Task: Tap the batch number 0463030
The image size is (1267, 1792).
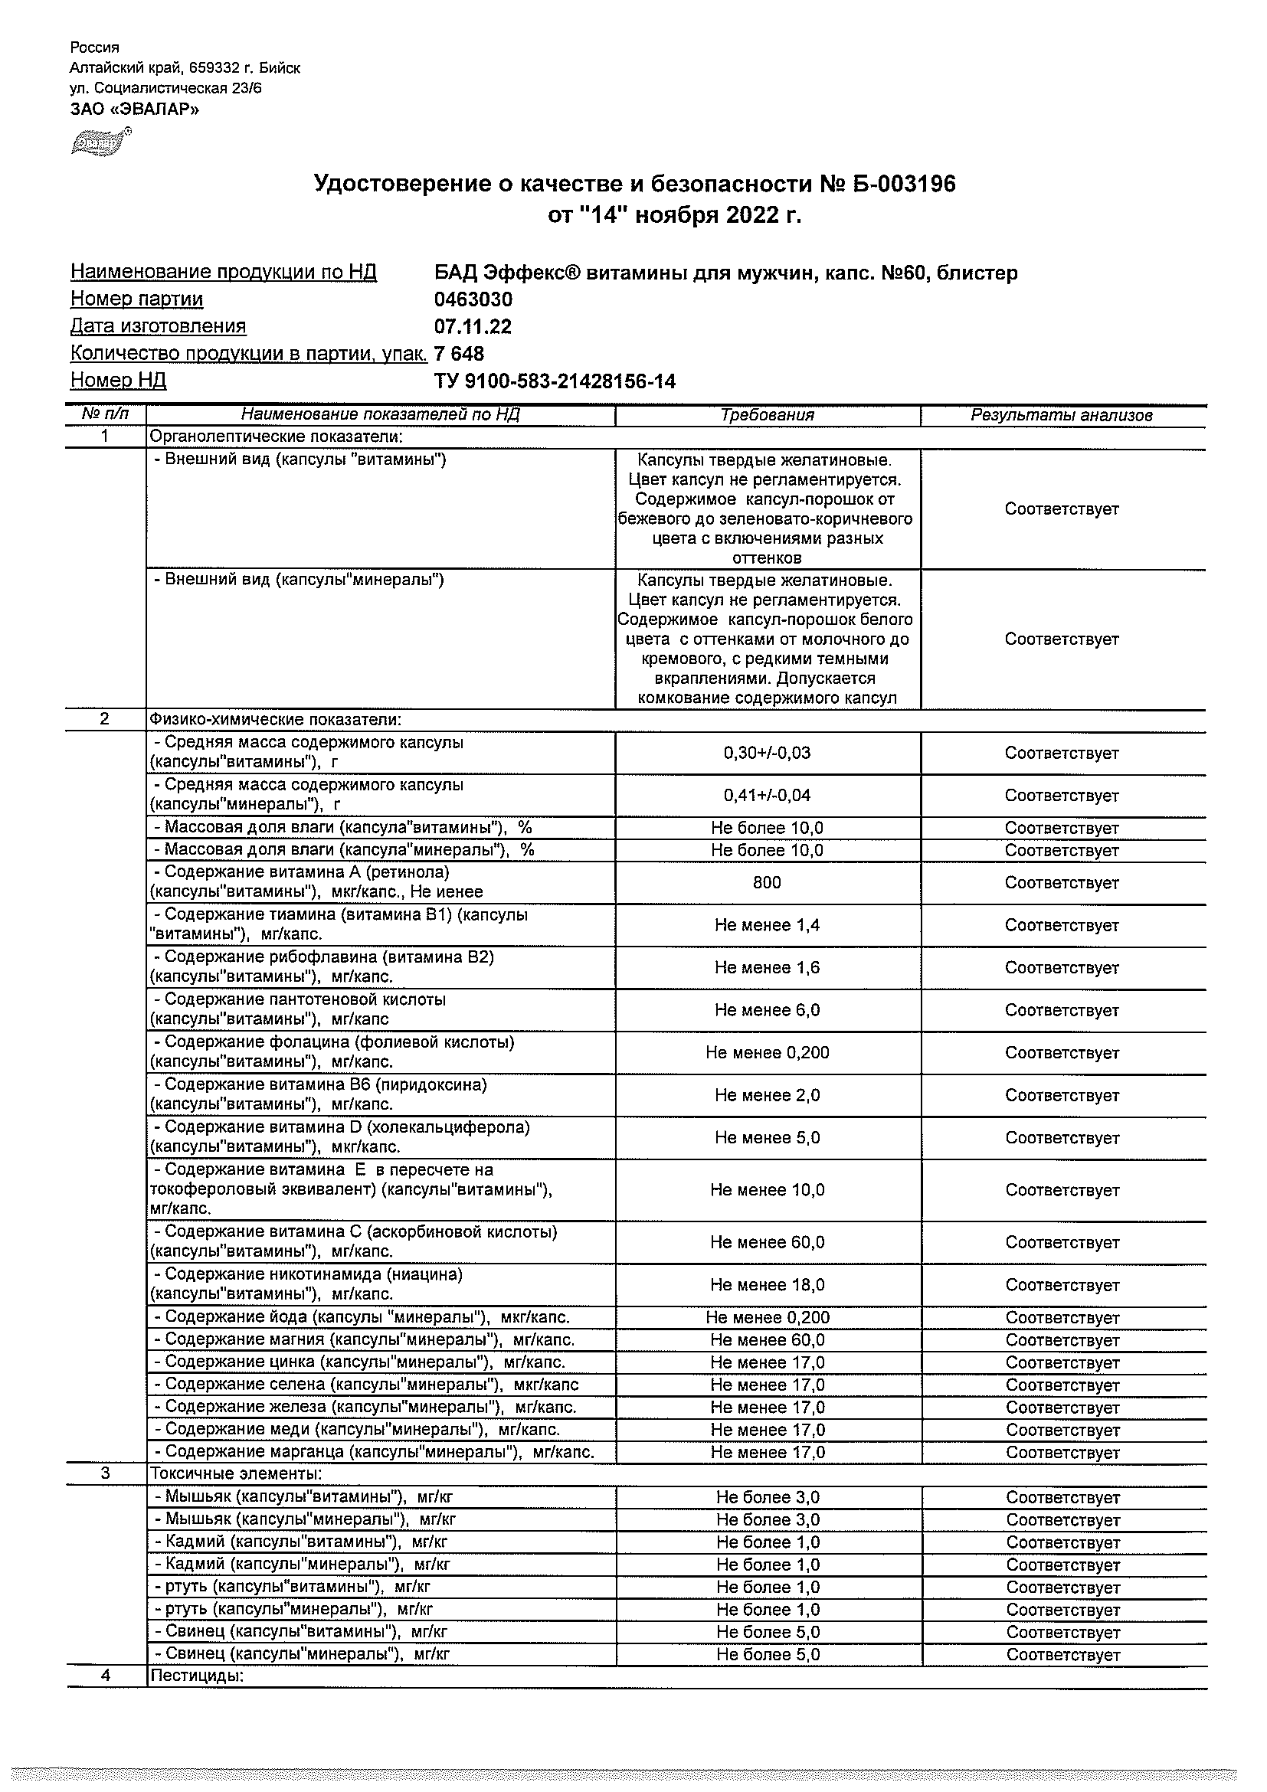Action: click(x=473, y=299)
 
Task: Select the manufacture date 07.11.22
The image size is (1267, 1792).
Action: click(x=473, y=327)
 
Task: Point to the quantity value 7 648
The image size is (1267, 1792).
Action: click(x=459, y=355)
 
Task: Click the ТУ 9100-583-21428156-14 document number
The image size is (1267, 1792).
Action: click(x=555, y=381)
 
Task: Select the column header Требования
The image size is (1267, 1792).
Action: click(x=767, y=415)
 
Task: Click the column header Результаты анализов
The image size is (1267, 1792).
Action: click(x=1061, y=415)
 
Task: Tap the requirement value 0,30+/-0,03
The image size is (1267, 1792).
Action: click(x=767, y=753)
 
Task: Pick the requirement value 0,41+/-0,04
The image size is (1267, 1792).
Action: click(x=767, y=796)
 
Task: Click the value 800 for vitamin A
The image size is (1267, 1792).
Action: click(x=767, y=882)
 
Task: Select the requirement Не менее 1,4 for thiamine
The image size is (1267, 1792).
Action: click(x=767, y=925)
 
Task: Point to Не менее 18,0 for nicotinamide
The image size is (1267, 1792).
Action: click(x=767, y=1285)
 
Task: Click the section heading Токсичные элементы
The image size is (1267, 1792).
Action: click(x=236, y=1473)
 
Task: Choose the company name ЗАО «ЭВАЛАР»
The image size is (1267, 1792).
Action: click(x=134, y=110)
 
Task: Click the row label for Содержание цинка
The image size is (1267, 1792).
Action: click(x=360, y=1362)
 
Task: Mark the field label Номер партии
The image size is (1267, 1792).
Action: click(x=136, y=299)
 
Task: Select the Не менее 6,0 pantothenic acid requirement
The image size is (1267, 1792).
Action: click(x=767, y=1010)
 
